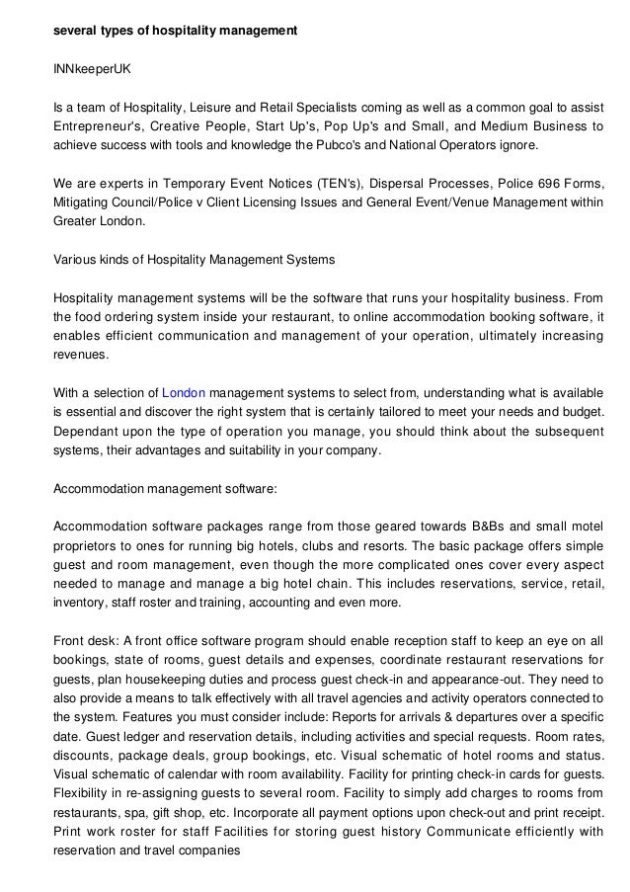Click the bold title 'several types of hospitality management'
click(x=175, y=32)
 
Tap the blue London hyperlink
click(x=183, y=393)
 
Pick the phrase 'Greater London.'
click(x=98, y=221)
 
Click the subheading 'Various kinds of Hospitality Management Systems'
click(x=194, y=260)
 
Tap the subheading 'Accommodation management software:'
click(x=164, y=488)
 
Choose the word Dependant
click(x=89, y=431)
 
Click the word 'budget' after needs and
click(x=581, y=412)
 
